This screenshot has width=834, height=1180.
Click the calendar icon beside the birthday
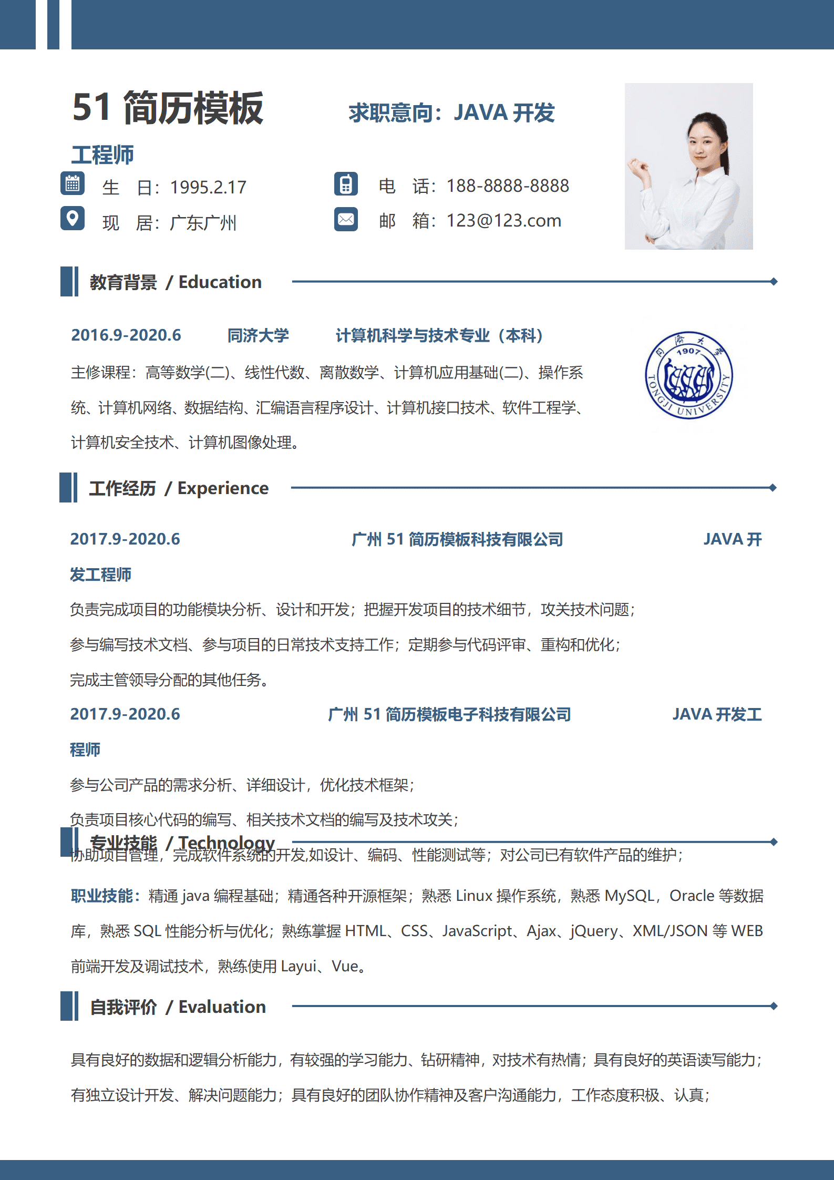pos(73,184)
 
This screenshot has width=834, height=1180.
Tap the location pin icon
pos(73,218)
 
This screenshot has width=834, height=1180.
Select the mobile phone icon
pos(346,184)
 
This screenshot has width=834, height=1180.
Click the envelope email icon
pos(346,219)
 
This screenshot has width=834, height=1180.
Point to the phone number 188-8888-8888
pos(508,186)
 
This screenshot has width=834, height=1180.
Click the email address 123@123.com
pos(503,221)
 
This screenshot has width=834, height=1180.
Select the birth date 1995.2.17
pos(208,188)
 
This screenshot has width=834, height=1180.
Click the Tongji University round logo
pos(688,375)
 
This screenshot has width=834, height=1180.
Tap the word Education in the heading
pos(220,282)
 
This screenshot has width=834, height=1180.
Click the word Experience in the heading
pos(223,488)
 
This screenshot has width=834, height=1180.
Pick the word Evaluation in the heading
pos(222,1007)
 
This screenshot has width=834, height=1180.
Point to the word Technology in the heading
pos(226,843)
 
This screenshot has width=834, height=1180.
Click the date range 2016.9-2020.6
pos(126,335)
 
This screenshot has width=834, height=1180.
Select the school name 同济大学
pos(258,335)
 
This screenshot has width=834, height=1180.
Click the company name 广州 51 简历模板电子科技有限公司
pos(449,714)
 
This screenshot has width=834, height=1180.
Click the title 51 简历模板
pos(168,108)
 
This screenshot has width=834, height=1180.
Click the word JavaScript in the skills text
pos(477,931)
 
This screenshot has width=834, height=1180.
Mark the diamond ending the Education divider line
pos(774,282)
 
